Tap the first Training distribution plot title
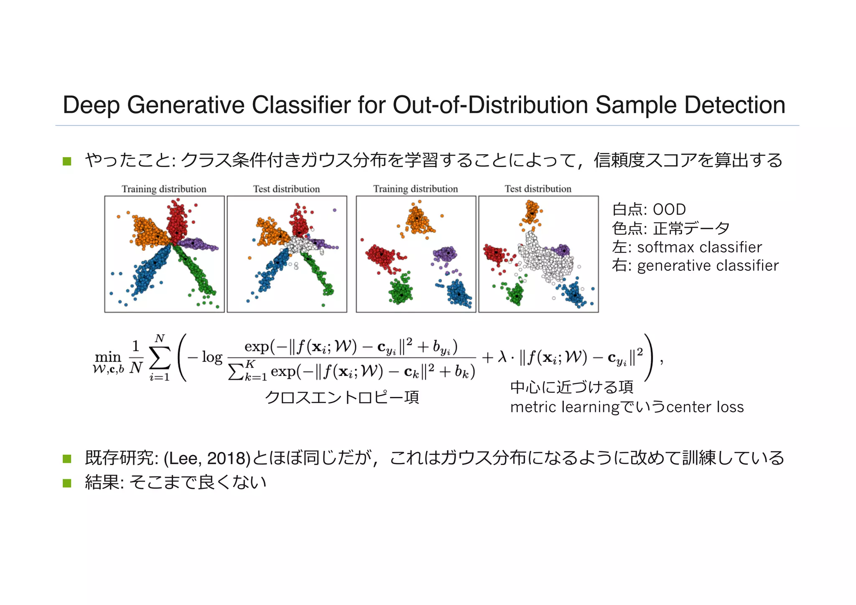pos(164,189)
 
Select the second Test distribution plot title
pos(538,189)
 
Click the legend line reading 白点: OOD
pos(649,209)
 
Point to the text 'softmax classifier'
pos(699,247)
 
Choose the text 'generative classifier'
pos(708,266)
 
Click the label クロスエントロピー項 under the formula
pos(342,397)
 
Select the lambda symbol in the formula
pos(502,358)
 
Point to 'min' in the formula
pos(108,357)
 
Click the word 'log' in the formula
pos(212,357)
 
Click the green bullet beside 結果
pos(67,483)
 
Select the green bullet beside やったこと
pos(67,161)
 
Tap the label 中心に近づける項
pos(571,387)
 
